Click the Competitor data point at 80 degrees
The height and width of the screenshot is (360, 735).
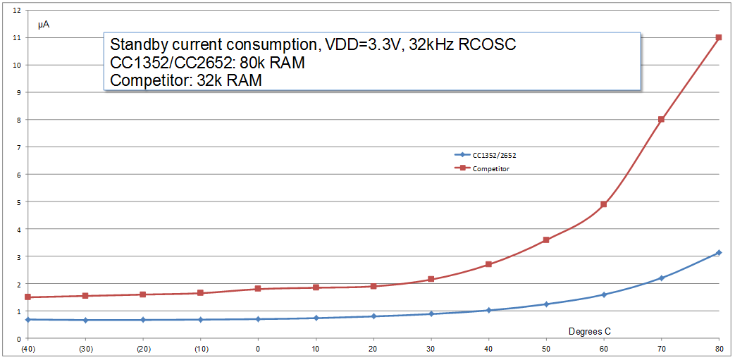719,37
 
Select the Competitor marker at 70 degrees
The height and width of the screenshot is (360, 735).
661,120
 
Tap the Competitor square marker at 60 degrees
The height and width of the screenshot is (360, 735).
603,204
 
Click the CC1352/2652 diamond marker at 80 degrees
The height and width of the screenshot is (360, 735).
719,252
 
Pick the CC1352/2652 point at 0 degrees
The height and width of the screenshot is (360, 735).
258,319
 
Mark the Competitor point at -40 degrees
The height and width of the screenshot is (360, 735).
27,297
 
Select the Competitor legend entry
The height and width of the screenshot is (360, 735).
492,168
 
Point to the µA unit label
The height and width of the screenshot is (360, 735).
44,25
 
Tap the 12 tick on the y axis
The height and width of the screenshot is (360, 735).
18,10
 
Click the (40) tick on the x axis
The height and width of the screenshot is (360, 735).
27,349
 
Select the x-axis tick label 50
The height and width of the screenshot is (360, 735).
545,349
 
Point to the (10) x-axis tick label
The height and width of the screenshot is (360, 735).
200,349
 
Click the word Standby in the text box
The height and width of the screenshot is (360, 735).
138,45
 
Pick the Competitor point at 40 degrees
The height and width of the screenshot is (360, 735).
488,264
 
